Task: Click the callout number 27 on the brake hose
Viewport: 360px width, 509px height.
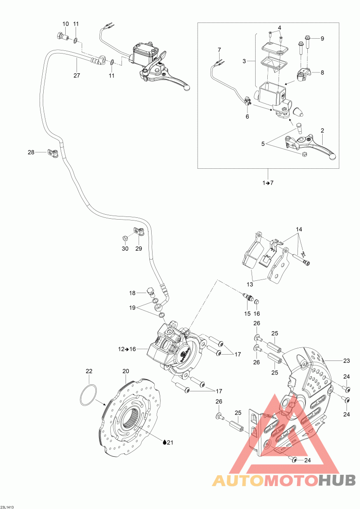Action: point(76,75)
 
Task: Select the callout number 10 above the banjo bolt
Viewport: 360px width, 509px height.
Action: point(66,24)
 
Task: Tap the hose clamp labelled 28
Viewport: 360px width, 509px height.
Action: point(52,152)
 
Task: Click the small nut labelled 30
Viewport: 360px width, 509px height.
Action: point(125,238)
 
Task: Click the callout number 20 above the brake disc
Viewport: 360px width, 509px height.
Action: point(126,371)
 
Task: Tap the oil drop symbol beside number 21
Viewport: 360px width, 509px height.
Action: point(165,442)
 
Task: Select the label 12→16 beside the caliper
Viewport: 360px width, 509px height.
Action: point(127,349)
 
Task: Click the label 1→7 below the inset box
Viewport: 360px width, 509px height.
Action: point(268,183)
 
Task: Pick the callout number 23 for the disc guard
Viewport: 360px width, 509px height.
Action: point(346,360)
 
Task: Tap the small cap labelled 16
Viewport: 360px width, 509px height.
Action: point(256,302)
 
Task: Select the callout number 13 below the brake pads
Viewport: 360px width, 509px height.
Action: point(250,285)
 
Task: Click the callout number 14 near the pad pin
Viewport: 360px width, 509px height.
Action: point(299,229)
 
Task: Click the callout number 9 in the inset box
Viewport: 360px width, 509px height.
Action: point(322,38)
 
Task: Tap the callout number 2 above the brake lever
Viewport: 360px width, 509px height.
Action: point(322,131)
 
